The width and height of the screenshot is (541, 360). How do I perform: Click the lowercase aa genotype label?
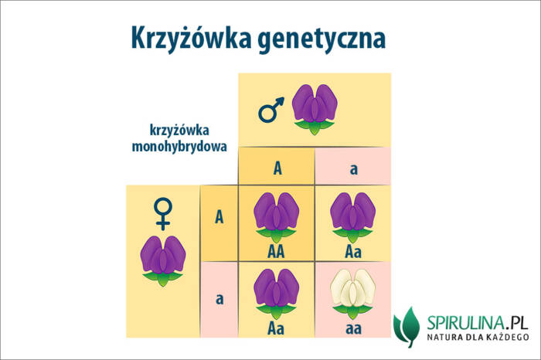click(x=352, y=327)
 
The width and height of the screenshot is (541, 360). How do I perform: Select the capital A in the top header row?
click(x=277, y=168)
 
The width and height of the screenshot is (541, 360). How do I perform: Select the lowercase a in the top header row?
click(x=353, y=168)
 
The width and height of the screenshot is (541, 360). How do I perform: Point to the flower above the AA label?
click(x=277, y=216)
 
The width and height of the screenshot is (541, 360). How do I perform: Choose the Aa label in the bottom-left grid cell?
click(x=277, y=327)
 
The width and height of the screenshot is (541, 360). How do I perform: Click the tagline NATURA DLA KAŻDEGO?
click(x=476, y=338)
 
